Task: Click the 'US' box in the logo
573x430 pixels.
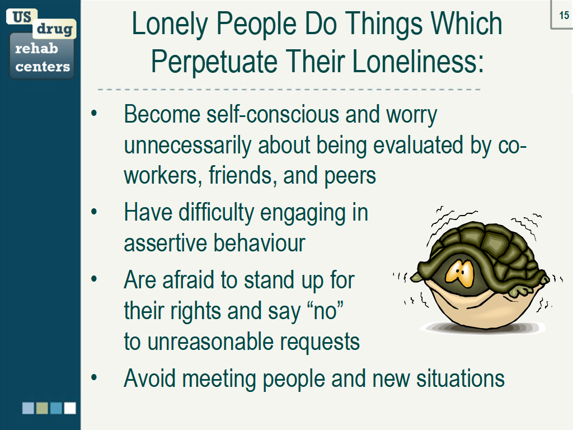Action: (22, 16)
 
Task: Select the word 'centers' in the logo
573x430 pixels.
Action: (43, 67)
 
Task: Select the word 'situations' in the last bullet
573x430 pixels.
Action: (461, 378)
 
